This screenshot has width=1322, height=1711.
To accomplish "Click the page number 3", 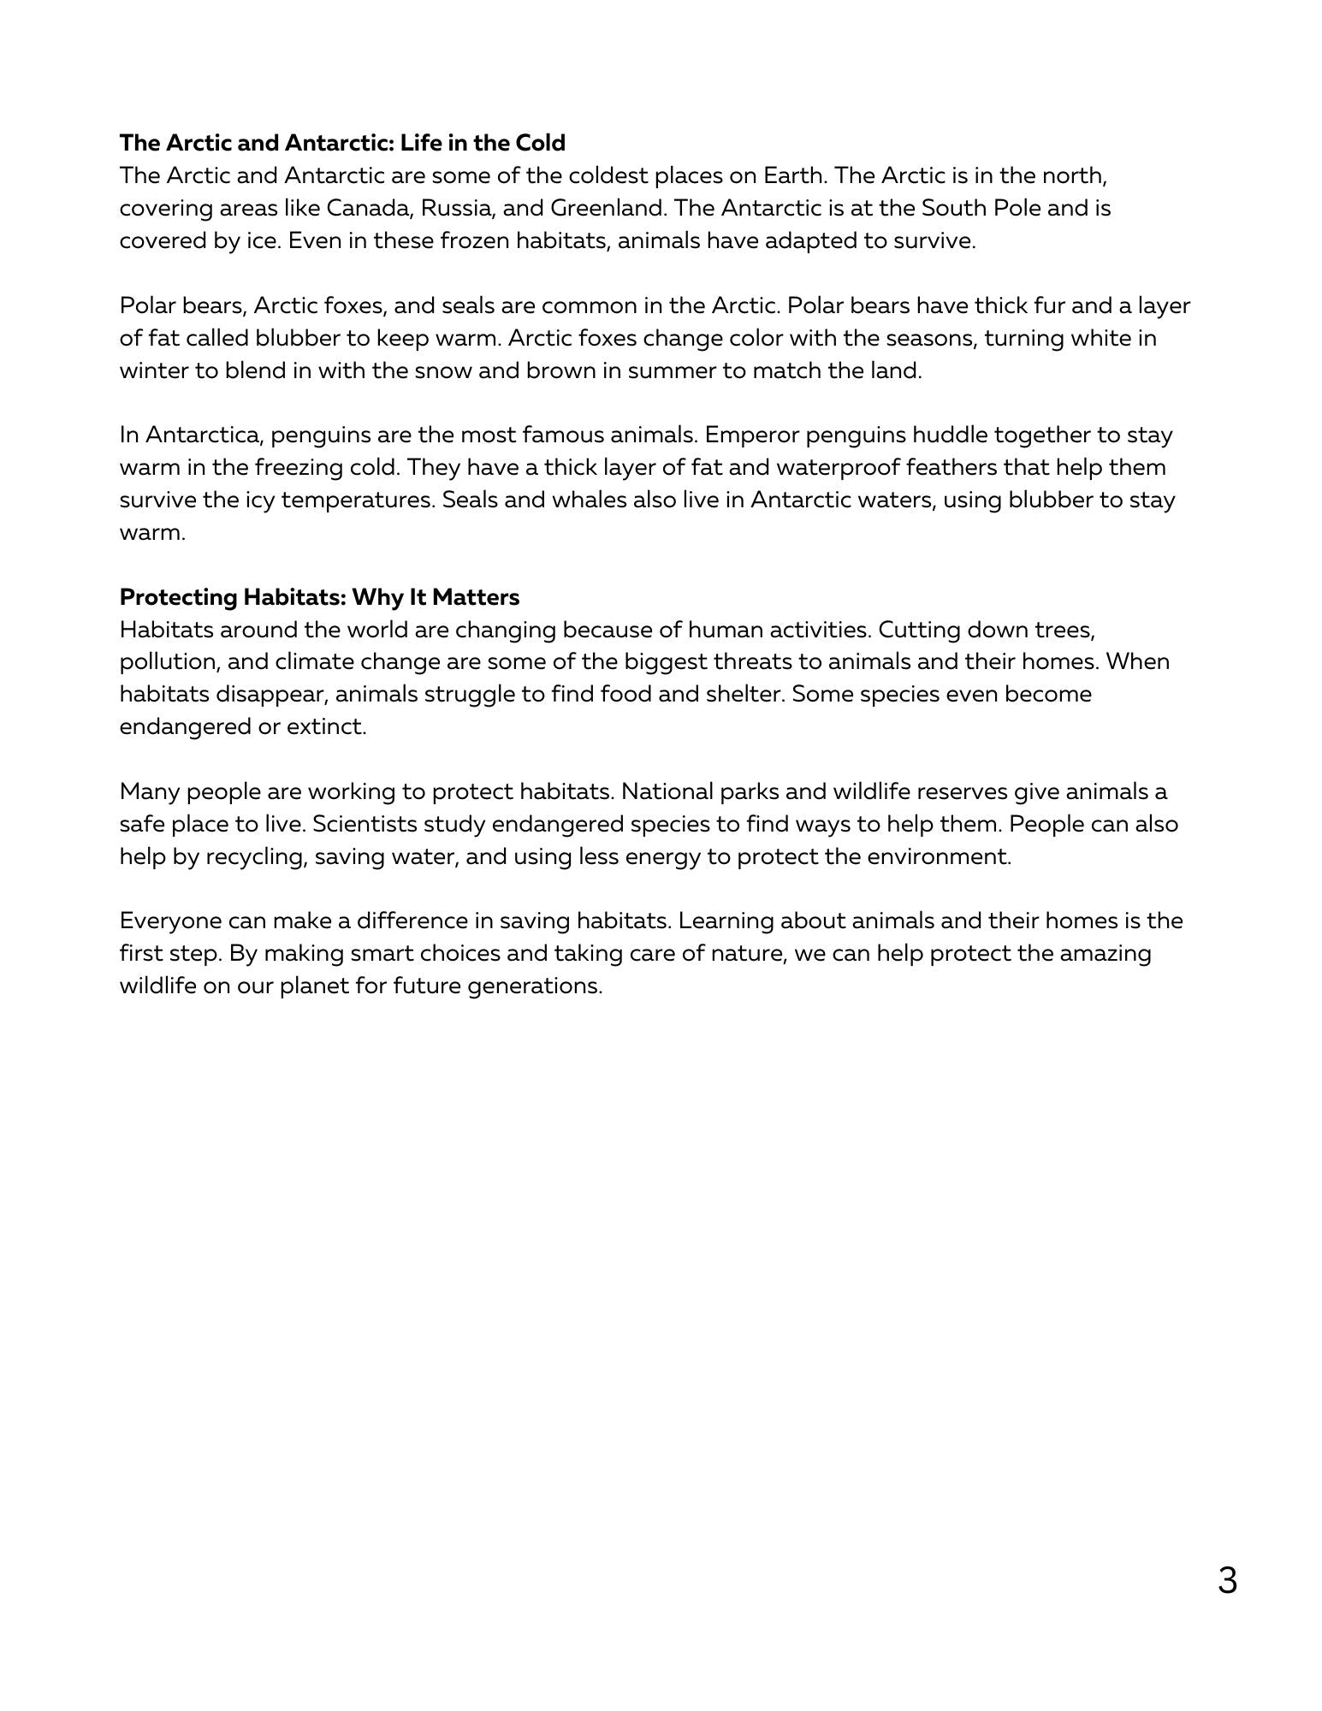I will [x=1227, y=1580].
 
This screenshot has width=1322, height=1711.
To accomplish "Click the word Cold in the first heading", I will [x=539, y=142].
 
